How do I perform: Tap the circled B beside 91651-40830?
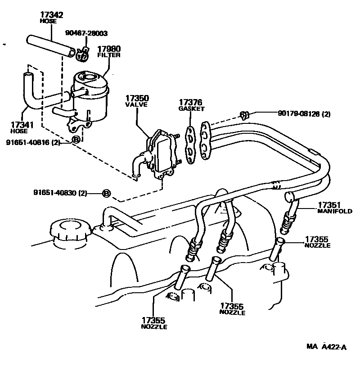pyautogui.click(x=106, y=193)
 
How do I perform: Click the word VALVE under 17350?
pyautogui.click(x=134, y=104)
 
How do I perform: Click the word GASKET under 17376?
pyautogui.click(x=191, y=109)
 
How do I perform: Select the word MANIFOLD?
pyautogui.click(x=334, y=211)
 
